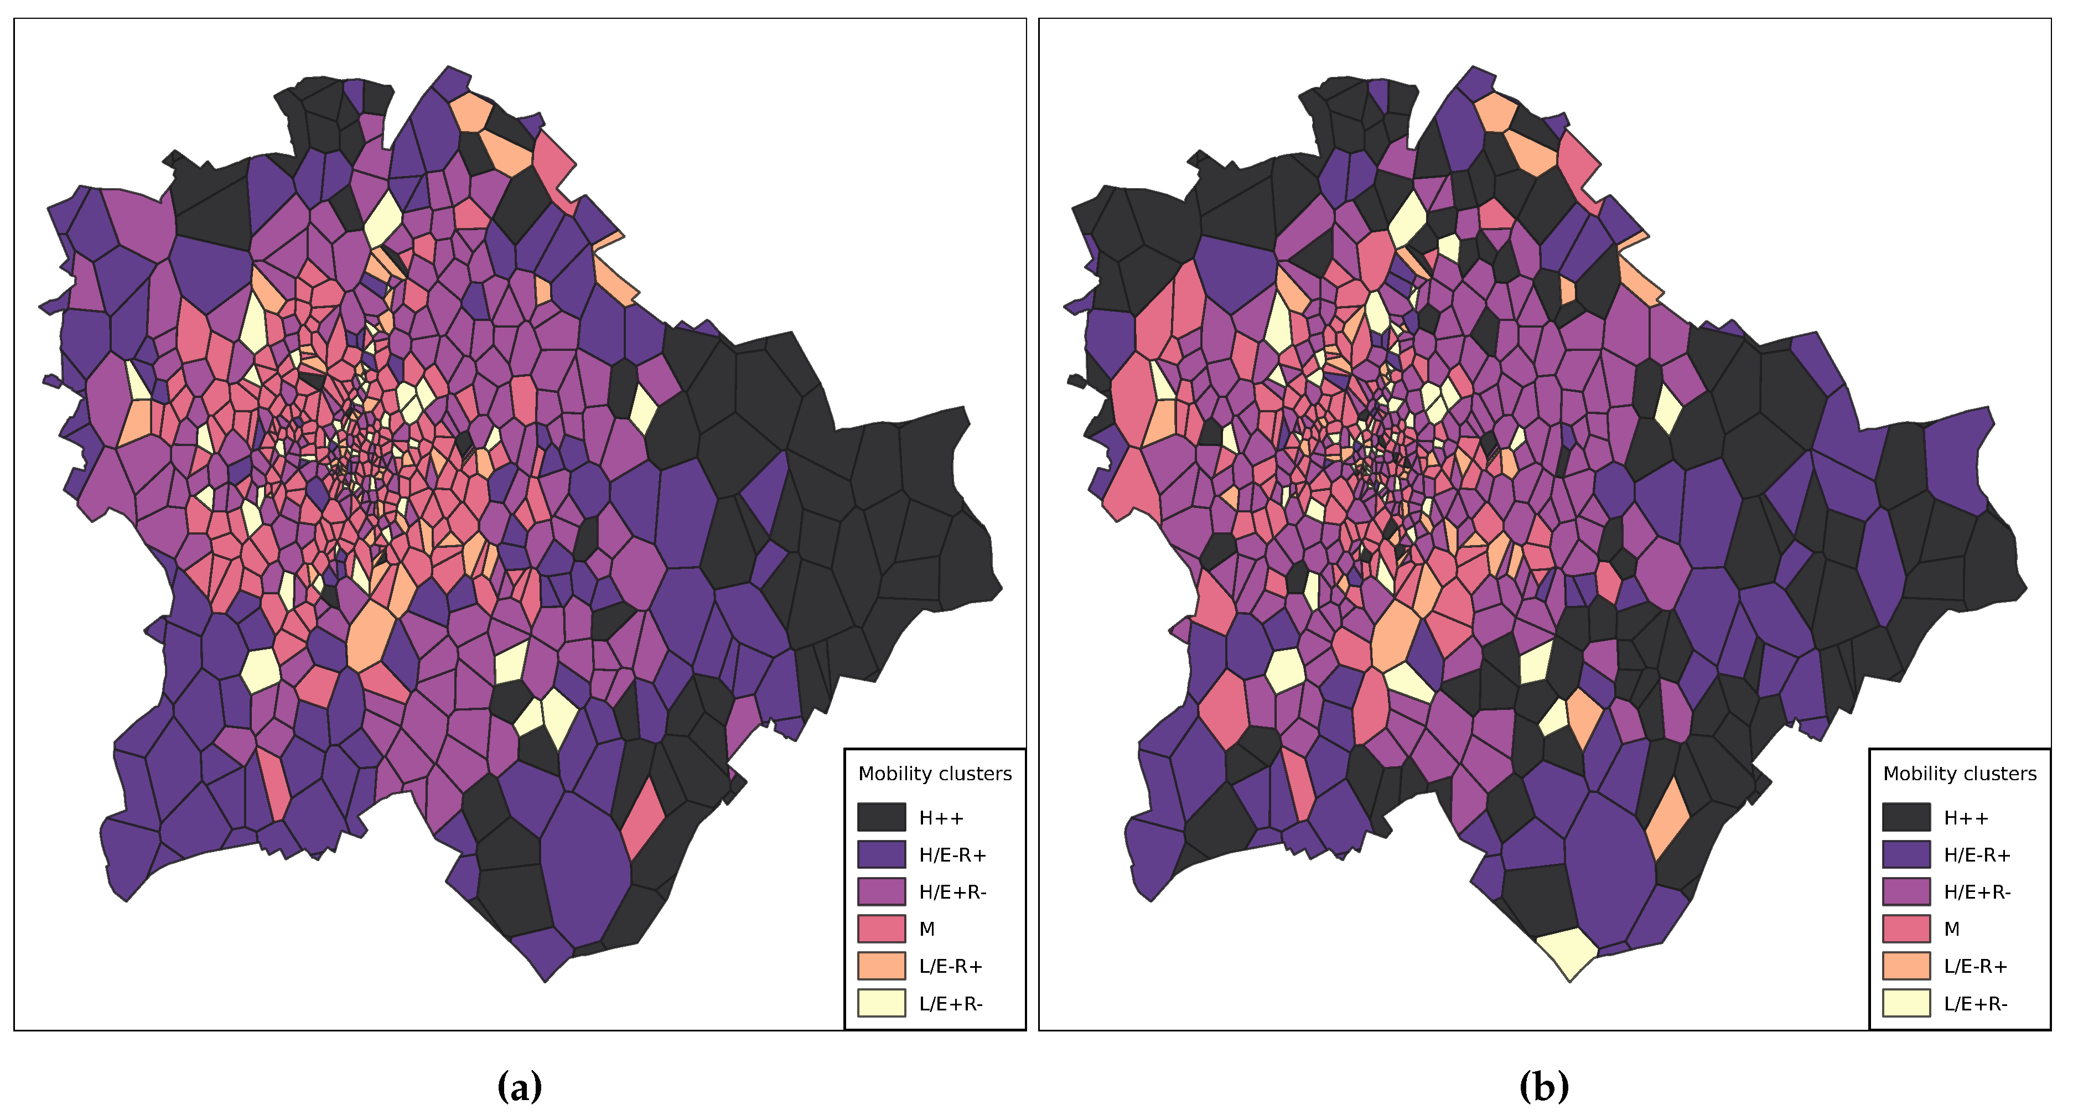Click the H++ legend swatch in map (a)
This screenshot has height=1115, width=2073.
click(880, 817)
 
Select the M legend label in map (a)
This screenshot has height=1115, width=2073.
click(926, 929)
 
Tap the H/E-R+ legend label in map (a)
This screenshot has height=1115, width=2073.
click(952, 854)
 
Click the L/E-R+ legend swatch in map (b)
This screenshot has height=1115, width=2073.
click(1906, 966)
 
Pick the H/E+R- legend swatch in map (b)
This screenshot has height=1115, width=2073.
click(1906, 891)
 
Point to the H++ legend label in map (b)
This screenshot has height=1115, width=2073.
click(1965, 818)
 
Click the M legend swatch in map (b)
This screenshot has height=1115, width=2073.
click(1906, 929)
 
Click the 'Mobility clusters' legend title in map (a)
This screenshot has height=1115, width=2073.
click(934, 774)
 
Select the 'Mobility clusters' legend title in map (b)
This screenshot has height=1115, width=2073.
click(1959, 774)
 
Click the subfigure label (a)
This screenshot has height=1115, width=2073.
click(519, 1087)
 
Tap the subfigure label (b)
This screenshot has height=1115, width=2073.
click(1543, 1087)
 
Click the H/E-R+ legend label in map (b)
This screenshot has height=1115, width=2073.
click(1976, 854)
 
